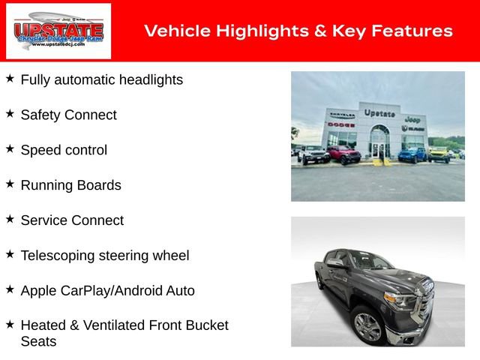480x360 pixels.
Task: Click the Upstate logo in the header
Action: click(x=58, y=31)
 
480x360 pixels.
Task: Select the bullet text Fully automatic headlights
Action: click(x=101, y=79)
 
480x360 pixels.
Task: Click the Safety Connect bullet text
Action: click(x=68, y=115)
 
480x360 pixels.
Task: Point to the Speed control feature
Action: click(x=64, y=150)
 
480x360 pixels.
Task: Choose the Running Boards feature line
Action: click(x=70, y=185)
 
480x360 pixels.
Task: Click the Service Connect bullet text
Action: click(x=72, y=220)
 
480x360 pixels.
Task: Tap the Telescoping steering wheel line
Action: click(x=105, y=256)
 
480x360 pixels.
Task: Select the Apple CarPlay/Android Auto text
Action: click(x=107, y=291)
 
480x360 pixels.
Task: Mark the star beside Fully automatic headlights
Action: click(x=10, y=78)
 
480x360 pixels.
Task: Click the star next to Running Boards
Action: click(x=10, y=184)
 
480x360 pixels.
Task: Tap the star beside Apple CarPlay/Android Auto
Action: click(x=10, y=289)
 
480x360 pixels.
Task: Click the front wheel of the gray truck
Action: click(x=367, y=327)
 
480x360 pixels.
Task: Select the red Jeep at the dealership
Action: click(x=343, y=154)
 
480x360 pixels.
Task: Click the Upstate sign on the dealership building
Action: click(x=379, y=113)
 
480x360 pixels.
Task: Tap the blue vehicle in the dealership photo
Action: click(x=412, y=154)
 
